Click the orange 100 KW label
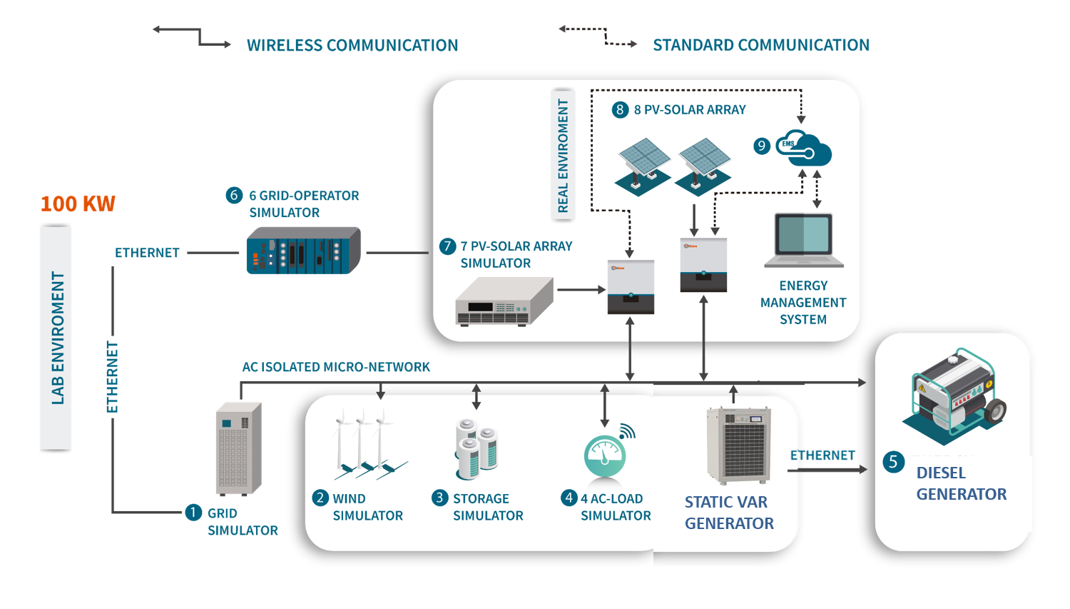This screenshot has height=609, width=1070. pos(78,204)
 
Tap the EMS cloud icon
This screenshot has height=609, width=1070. pos(804,148)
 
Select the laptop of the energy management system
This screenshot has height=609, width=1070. pos(804,240)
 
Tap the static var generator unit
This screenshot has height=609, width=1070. pos(738,445)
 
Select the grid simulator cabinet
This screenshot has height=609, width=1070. pos(239,449)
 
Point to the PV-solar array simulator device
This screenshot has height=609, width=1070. pos(504,302)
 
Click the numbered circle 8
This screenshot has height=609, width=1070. pos(620,109)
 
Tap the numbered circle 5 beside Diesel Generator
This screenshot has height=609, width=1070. pos(893,462)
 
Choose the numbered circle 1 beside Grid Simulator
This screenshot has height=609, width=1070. pos(193,512)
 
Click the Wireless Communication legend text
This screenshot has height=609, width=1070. pos(352,45)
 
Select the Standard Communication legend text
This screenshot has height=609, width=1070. pos(761,45)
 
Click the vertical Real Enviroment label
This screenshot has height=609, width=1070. pos(563,156)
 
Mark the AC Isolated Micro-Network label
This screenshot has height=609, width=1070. pos(336,367)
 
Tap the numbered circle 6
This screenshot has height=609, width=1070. pos(234,195)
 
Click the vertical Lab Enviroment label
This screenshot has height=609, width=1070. pos(57,338)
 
